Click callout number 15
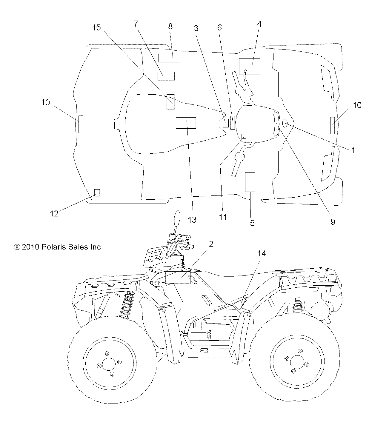[96, 28]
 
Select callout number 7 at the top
[136, 24]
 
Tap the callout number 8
[170, 26]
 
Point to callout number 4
[259, 24]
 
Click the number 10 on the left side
[46, 102]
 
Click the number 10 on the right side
[357, 105]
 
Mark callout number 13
[192, 220]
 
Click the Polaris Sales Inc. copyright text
[59, 247]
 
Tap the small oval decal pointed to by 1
[285, 122]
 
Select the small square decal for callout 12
[97, 193]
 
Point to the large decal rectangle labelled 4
[250, 66]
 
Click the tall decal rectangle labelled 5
[250, 182]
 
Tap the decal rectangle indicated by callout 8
[169, 58]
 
